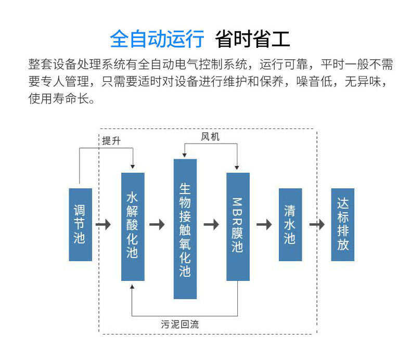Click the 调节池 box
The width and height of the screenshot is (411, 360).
(x=80, y=224)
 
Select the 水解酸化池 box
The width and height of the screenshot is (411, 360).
(x=133, y=226)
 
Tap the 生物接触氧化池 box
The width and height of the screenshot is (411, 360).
(x=185, y=229)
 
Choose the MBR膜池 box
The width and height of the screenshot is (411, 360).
(x=238, y=226)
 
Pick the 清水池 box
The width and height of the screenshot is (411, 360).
(x=290, y=224)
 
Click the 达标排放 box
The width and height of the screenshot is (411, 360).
(x=343, y=224)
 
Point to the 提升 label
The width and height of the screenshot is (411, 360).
(x=111, y=141)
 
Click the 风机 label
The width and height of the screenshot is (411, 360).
(x=210, y=137)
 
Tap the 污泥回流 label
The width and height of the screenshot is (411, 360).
(x=179, y=325)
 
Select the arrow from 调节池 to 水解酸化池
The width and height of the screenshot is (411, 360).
(x=104, y=225)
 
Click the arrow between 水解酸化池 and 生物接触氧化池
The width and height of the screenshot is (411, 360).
(x=157, y=225)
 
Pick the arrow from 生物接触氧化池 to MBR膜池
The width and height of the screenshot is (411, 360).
(x=211, y=225)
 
